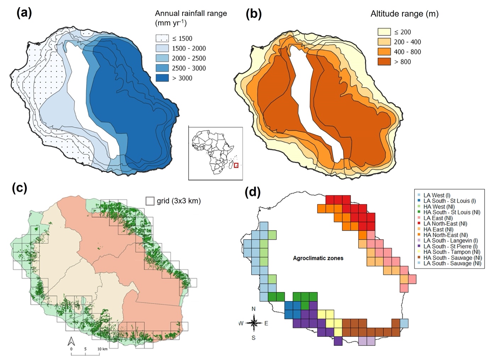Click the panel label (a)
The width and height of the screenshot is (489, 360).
point(24,13)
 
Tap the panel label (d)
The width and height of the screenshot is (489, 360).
point(253,192)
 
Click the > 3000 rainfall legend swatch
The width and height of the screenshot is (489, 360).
point(162,78)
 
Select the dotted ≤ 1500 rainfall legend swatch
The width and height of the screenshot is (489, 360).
point(162,38)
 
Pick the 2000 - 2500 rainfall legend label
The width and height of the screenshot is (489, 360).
point(189,58)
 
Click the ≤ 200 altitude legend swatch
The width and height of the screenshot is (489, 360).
point(384,32)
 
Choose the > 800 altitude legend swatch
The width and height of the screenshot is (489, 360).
point(384,62)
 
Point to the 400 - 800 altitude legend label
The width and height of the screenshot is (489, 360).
point(407,52)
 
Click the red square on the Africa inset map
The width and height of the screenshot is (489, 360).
point(236,165)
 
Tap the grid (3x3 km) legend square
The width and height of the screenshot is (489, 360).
point(150,201)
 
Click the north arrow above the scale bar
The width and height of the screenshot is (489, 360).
point(71,341)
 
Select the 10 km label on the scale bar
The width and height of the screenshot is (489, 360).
point(102,349)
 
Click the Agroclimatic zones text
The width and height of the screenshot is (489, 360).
point(318,258)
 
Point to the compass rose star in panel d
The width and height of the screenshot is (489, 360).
point(254,323)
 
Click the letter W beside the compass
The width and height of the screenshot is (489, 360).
point(241,323)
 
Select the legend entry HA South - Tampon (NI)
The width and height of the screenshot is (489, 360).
point(451,252)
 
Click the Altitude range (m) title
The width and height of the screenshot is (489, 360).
point(405,14)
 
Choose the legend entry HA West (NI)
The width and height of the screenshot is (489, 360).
point(439,206)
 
